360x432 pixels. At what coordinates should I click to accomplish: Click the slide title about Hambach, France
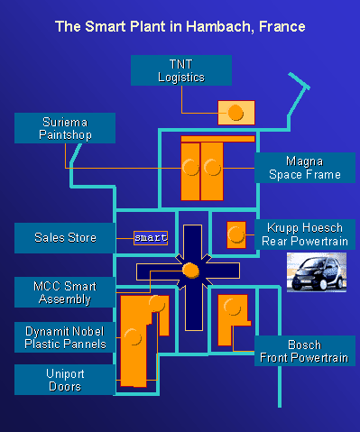click(180, 28)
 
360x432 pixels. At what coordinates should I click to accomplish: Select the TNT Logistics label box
click(180, 70)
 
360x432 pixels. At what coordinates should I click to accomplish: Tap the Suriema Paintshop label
click(65, 128)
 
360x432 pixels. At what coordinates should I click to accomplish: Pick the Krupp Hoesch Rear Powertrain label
click(303, 233)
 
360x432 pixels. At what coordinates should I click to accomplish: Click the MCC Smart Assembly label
click(65, 291)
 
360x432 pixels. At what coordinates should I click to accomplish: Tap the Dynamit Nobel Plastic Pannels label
click(65, 336)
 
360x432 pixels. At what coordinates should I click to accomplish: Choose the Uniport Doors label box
click(65, 379)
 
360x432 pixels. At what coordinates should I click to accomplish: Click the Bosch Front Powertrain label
click(303, 351)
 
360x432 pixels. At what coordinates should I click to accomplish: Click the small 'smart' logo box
click(151, 238)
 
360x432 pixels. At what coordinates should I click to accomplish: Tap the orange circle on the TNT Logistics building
click(235, 113)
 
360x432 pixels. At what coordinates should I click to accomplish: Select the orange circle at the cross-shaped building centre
click(190, 270)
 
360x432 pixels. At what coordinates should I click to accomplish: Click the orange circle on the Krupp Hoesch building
click(236, 234)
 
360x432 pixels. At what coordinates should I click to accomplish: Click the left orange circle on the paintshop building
click(190, 167)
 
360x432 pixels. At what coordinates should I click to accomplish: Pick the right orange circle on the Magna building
click(212, 167)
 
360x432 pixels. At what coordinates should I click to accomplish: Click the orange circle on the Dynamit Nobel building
click(134, 338)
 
